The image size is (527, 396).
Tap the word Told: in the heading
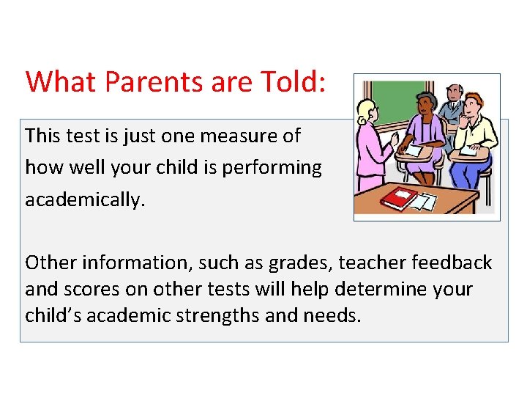point(296,81)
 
